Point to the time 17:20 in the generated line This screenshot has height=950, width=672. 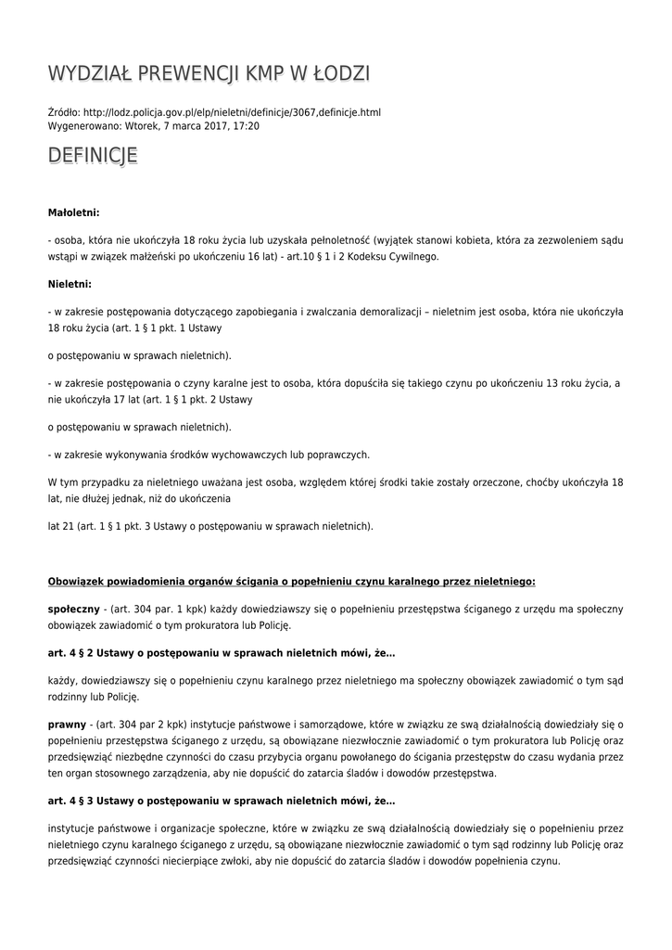click(x=247, y=125)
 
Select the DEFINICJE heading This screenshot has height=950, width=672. click(x=93, y=156)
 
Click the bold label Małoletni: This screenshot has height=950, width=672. click(x=73, y=212)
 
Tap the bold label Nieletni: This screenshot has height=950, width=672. click(x=70, y=284)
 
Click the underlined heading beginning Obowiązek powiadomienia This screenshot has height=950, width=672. click(x=291, y=582)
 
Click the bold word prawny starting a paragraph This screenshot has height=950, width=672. click(x=66, y=724)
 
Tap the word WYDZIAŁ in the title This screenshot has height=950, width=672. click(x=90, y=74)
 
